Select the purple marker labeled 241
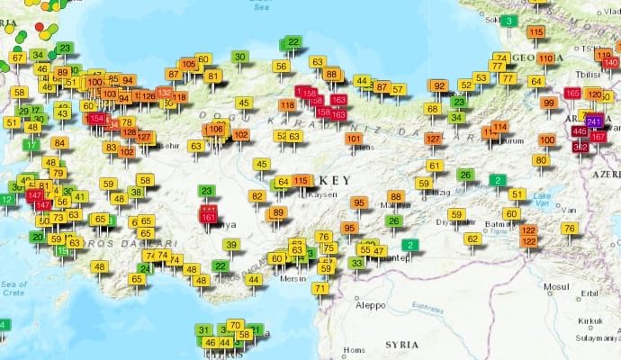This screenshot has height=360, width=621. click(593, 121)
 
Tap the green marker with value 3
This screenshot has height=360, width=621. click(510, 21)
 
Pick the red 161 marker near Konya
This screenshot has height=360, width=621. click(209, 217)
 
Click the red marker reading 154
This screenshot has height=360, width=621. click(97, 119)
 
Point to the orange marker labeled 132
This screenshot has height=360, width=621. click(164, 93)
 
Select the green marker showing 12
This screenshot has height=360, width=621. click(7, 199)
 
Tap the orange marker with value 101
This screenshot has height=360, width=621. click(354, 139)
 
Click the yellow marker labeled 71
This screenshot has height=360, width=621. click(320, 288)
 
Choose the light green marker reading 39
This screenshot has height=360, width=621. click(231, 245)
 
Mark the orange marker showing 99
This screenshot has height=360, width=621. click(548, 103)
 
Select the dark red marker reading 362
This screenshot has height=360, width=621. click(580, 146)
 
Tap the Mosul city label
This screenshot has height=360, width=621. click(556, 287)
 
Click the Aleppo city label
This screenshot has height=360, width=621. click(370, 305)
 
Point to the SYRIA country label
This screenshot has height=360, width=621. click(401, 345)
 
